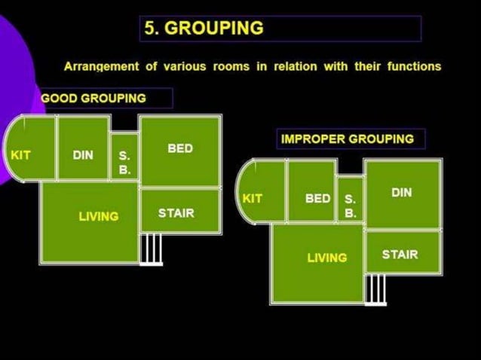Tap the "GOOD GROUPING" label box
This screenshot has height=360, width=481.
pyautogui.click(x=106, y=98)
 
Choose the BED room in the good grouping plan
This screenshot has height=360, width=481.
pyautogui.click(x=180, y=150)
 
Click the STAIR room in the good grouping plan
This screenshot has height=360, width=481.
pyautogui.click(x=180, y=212)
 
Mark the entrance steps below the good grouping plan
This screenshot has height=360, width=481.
pyautogui.click(x=152, y=249)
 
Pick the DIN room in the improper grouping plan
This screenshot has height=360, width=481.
pyautogui.click(x=402, y=194)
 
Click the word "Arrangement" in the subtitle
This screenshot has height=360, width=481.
pyautogui.click(x=101, y=66)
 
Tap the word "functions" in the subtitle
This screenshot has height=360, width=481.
pyautogui.click(x=414, y=66)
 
